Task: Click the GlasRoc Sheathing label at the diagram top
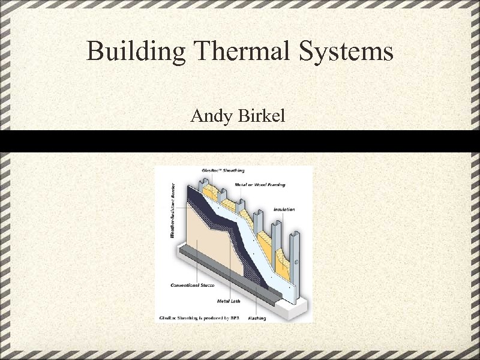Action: [x=223, y=171]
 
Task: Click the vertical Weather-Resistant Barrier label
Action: [x=173, y=210]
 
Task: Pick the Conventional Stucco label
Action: [x=192, y=285]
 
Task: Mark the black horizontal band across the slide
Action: [x=240, y=141]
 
